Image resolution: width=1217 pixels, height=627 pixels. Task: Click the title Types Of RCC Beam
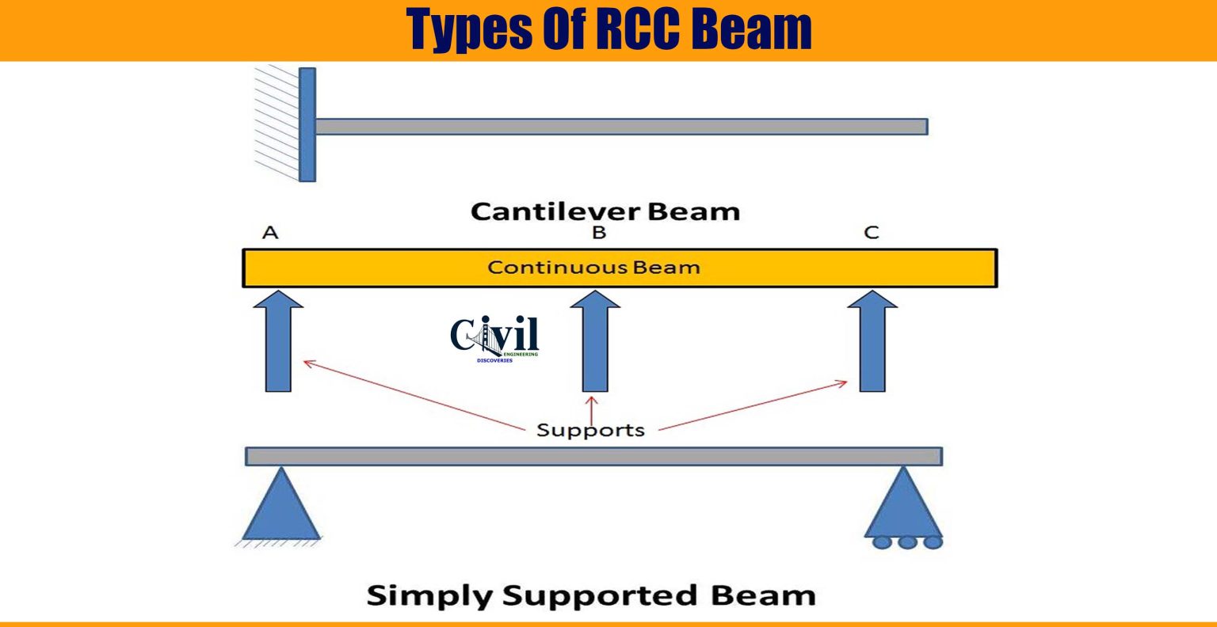[608, 29]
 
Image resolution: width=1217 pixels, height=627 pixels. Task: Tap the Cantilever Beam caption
[605, 211]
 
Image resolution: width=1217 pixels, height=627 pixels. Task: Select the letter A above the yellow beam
[270, 233]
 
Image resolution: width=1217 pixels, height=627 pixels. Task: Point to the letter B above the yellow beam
[599, 233]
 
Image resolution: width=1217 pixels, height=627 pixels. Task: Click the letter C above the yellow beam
[872, 233]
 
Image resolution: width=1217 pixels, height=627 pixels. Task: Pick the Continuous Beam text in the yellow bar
[593, 268]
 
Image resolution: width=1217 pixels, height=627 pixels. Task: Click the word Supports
[590, 430]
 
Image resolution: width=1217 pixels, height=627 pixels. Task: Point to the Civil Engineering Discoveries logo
[495, 339]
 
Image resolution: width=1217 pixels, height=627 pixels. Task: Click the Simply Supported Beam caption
[591, 595]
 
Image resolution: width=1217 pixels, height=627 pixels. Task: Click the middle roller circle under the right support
[907, 542]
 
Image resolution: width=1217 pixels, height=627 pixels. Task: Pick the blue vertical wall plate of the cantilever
[307, 124]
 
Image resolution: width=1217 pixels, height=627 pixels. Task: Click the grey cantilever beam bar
[621, 127]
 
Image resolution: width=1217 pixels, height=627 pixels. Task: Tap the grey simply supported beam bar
[593, 456]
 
